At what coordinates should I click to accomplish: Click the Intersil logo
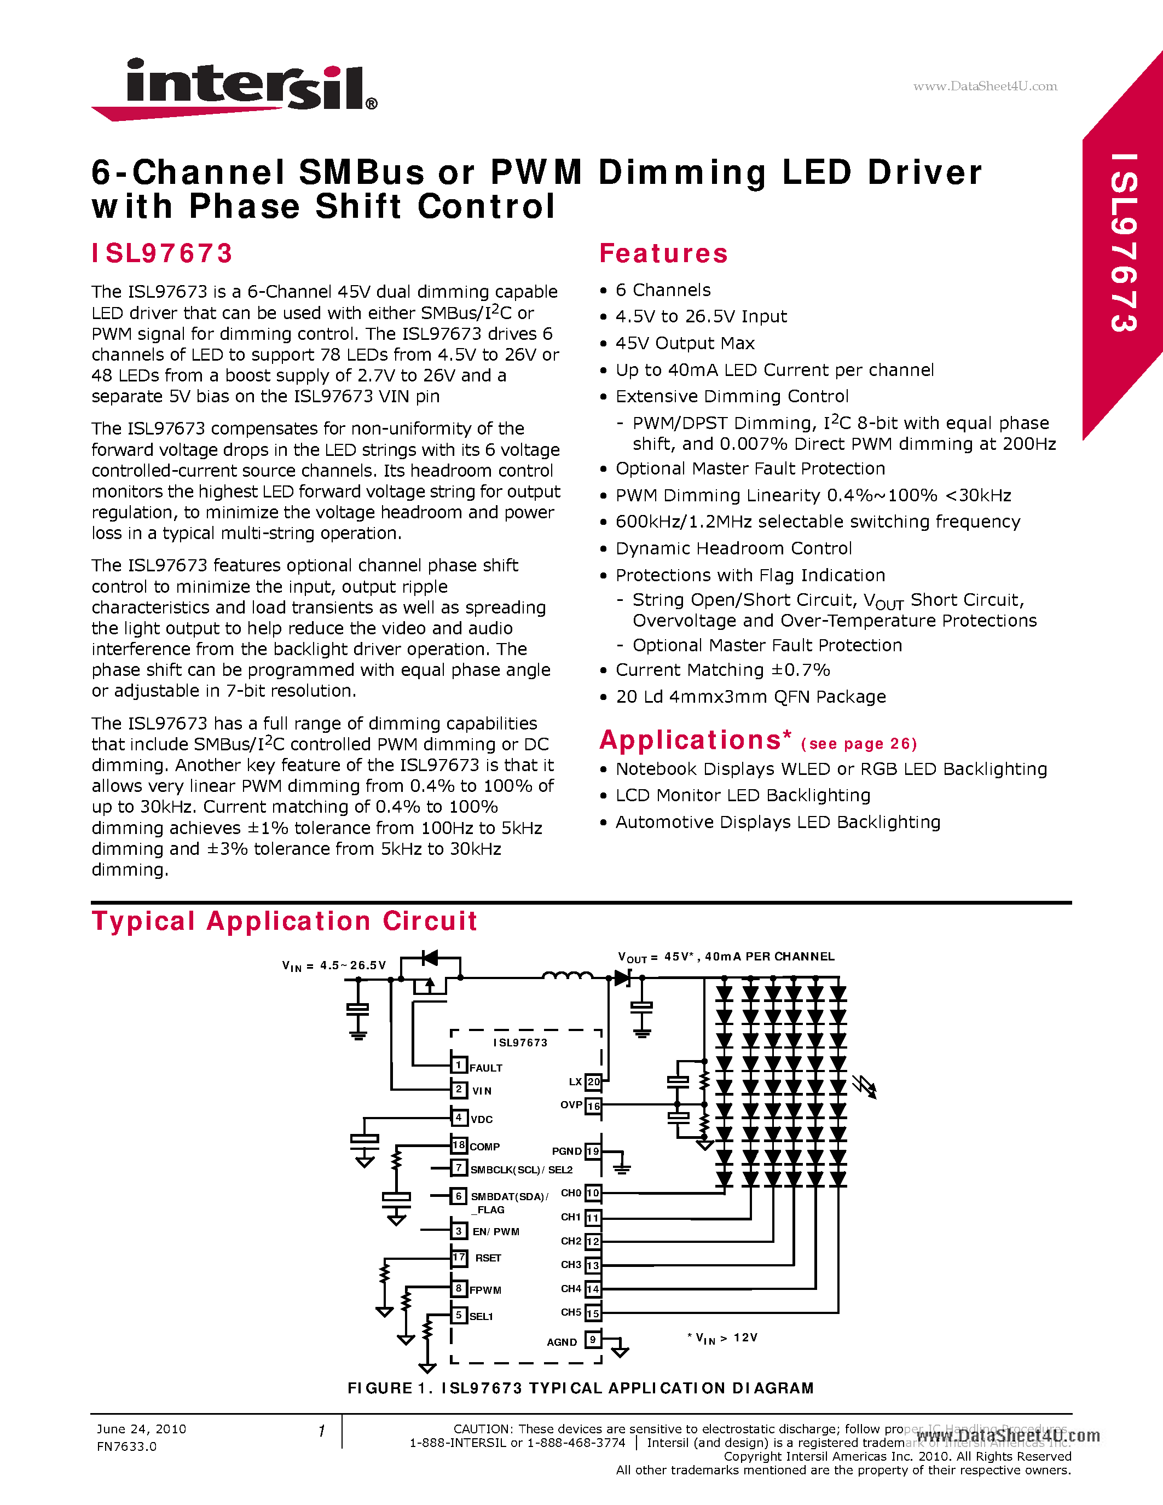click(x=234, y=88)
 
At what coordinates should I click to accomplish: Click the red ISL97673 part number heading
click(x=163, y=253)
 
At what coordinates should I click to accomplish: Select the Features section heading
click(x=663, y=253)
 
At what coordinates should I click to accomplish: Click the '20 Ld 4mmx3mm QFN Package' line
click(x=750, y=697)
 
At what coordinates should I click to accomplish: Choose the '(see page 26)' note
click(x=859, y=744)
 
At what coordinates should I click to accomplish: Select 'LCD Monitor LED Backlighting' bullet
click(x=743, y=795)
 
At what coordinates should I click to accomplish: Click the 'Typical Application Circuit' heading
click(x=285, y=921)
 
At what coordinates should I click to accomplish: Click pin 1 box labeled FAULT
click(x=459, y=1066)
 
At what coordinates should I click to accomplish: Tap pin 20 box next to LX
click(x=593, y=1082)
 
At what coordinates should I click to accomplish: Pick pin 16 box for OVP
click(x=593, y=1106)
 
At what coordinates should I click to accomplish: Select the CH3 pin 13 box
click(x=593, y=1265)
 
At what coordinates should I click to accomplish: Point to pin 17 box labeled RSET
click(x=459, y=1257)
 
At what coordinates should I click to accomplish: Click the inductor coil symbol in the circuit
click(x=566, y=975)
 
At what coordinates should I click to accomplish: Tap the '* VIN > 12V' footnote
click(x=722, y=1338)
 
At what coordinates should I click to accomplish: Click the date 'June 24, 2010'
click(x=141, y=1429)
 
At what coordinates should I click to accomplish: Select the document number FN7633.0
click(x=127, y=1446)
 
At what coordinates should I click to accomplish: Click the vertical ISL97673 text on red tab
click(x=1123, y=242)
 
